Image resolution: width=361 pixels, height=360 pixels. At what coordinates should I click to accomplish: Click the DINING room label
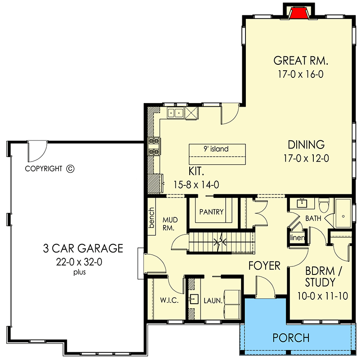(306, 145)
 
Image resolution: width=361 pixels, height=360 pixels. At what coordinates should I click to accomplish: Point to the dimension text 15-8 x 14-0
(196, 184)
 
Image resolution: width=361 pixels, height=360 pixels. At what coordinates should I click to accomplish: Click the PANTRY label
(211, 212)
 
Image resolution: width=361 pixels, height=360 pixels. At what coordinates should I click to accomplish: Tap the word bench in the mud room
(152, 218)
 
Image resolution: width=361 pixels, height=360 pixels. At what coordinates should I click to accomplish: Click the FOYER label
(264, 265)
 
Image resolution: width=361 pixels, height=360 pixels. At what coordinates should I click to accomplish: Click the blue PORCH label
(291, 337)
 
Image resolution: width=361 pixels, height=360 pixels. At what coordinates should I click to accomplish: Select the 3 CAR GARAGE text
(83, 248)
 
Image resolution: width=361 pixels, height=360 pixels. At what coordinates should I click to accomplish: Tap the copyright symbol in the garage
(70, 169)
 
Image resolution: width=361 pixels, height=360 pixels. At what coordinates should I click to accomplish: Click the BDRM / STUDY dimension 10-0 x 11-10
(320, 296)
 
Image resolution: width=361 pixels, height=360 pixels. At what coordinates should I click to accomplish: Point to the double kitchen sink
(174, 113)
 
